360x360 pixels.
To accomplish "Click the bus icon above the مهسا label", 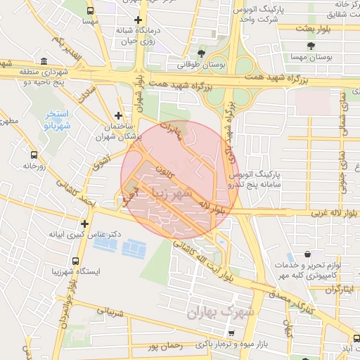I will (90, 11).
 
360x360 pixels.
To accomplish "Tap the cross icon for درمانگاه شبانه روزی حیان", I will (139, 20).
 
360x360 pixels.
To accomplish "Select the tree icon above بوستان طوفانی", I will (202, 53).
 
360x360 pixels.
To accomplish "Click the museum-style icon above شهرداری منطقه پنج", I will (44, 61).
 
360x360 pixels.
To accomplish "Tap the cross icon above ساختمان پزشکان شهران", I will (118, 115).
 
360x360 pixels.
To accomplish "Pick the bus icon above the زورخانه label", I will (34, 155).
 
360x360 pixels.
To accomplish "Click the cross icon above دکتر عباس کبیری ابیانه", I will (84, 224).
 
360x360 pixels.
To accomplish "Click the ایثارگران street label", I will (334, 289).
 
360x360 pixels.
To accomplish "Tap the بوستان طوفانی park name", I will (202, 65).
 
